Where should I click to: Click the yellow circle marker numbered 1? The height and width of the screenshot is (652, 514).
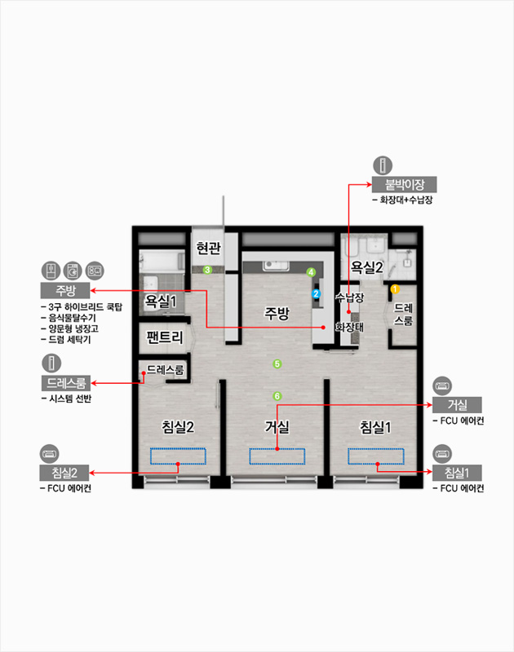395,289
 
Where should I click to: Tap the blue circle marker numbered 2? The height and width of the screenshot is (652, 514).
317,294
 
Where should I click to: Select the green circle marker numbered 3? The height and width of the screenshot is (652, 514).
207,270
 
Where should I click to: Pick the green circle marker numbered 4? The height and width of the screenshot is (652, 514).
311,272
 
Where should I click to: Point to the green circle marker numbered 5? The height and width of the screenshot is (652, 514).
277,364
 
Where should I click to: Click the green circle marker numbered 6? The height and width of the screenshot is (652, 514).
277,396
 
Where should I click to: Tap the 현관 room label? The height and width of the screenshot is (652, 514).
209,249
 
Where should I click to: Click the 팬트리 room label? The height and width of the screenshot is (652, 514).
165,337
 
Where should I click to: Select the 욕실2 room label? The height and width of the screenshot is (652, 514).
366,267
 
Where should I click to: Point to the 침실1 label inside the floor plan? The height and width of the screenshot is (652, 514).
375,427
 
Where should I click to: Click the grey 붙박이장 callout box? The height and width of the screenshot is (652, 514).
404,184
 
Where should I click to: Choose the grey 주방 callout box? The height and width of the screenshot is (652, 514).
65,290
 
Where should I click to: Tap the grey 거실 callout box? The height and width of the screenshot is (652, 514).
457,404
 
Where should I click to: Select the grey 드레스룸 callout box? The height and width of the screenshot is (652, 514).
66,383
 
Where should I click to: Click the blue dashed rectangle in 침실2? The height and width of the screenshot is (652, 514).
178,456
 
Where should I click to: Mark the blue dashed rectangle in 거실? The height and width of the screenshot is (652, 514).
277,456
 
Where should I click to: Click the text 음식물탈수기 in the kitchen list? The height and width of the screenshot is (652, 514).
72,318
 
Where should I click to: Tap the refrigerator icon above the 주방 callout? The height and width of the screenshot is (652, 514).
51,271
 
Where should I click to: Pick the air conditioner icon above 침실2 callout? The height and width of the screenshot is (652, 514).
50,454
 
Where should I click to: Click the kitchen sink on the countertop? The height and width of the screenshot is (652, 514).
276,266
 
